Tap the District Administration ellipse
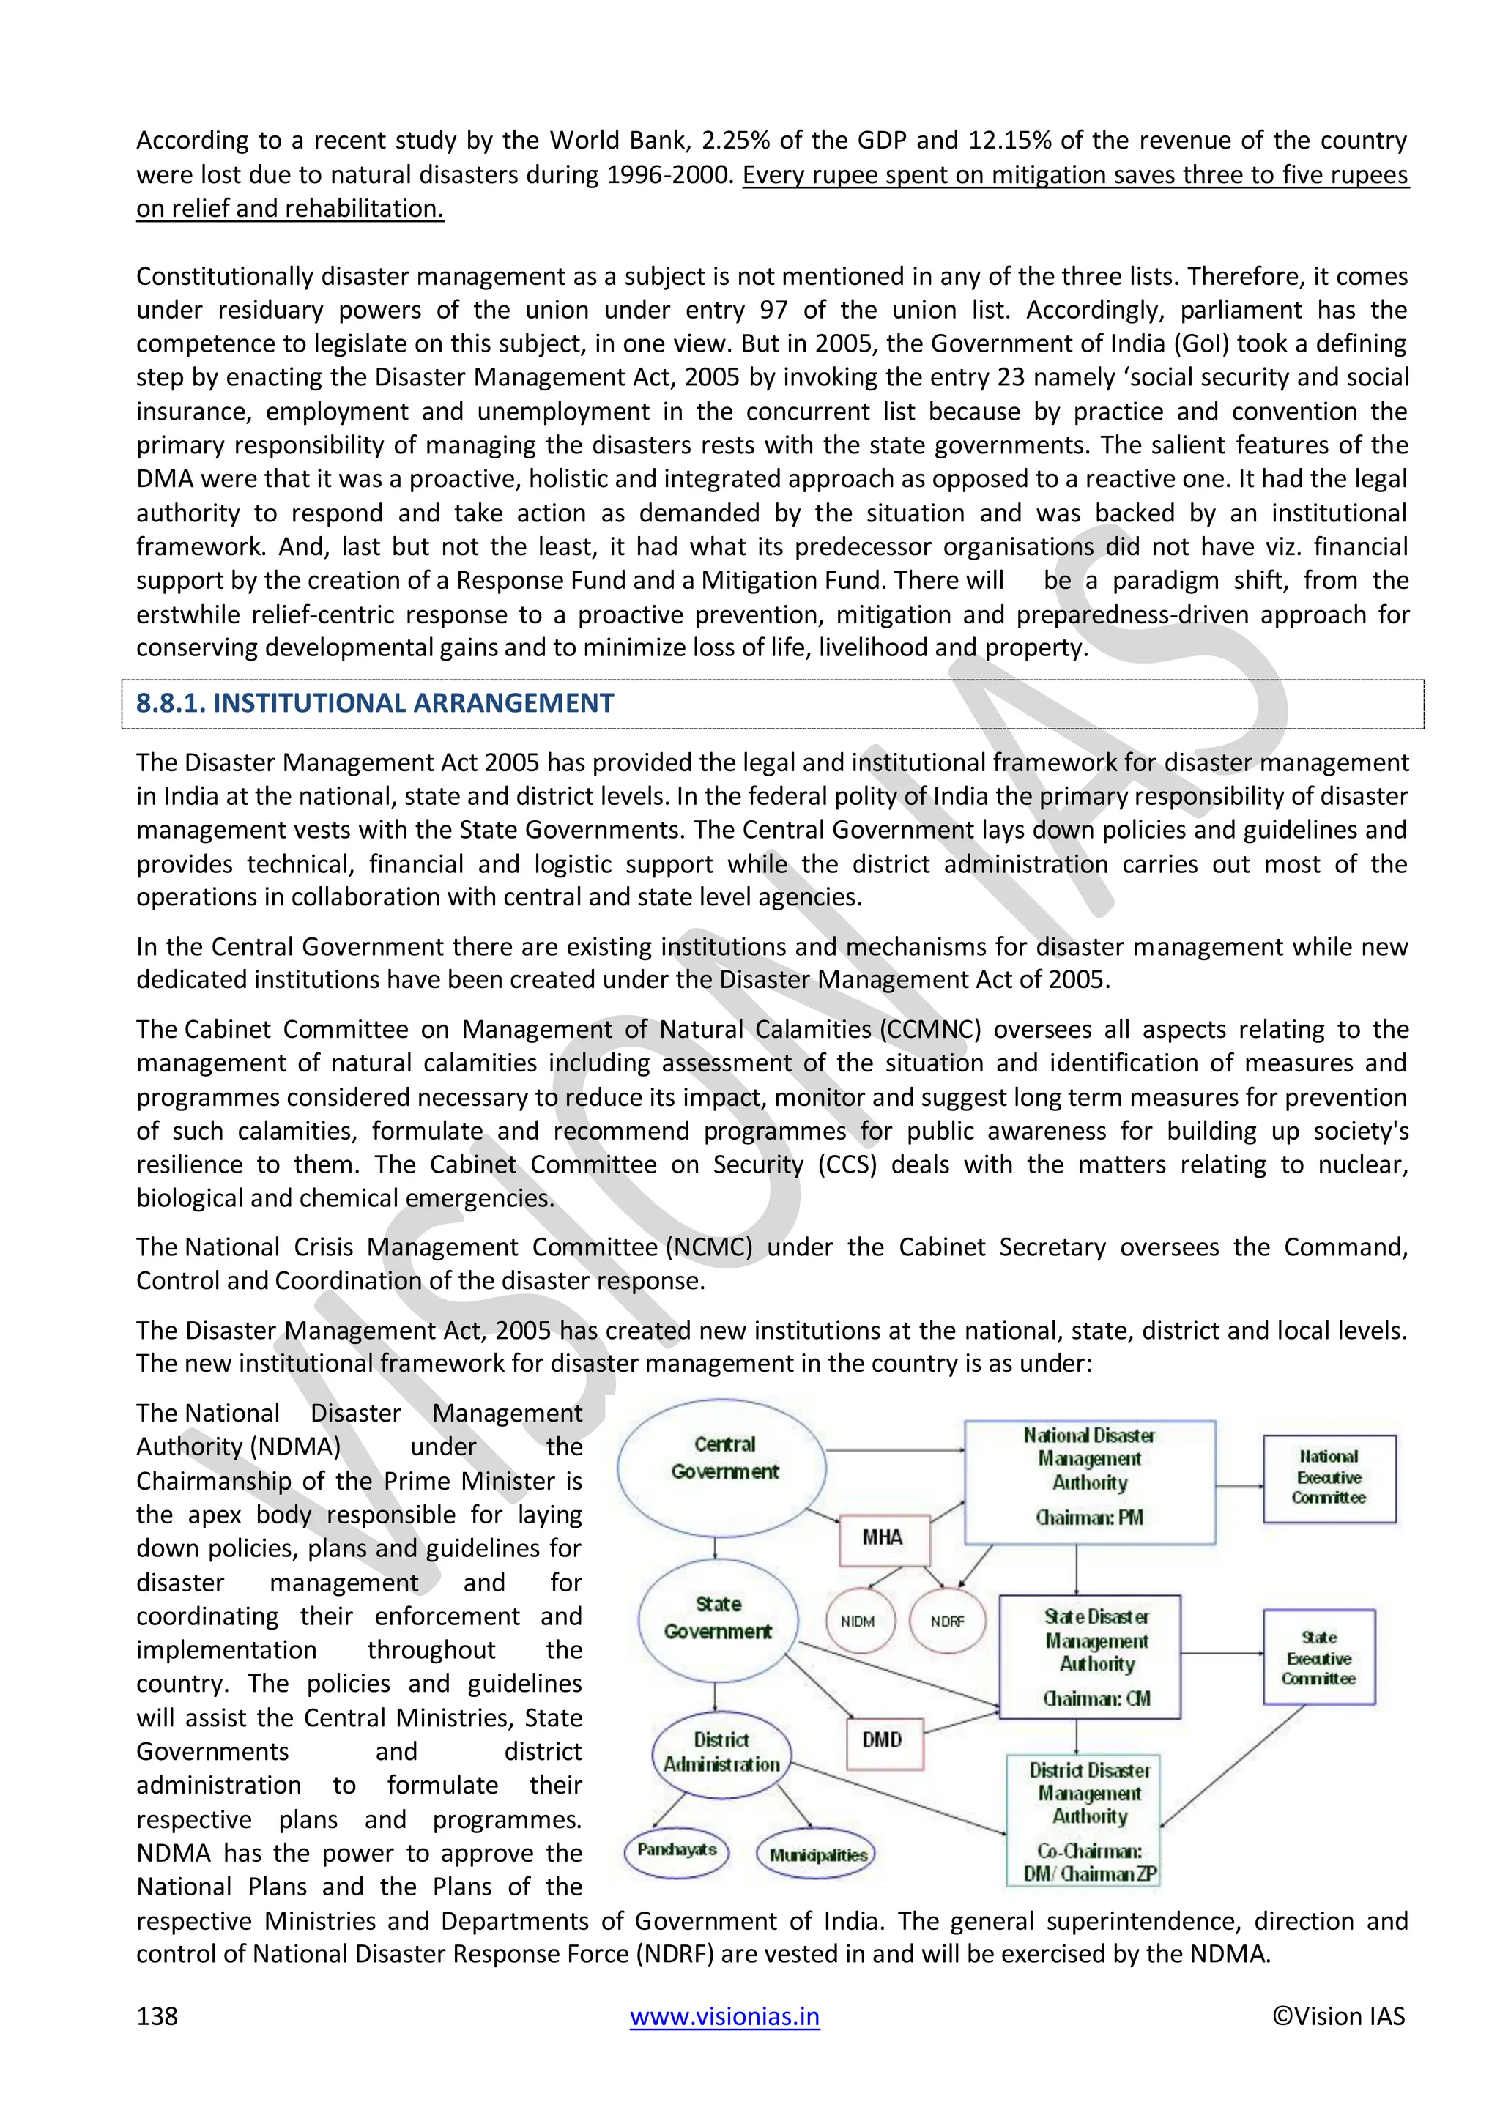pyautogui.click(x=721, y=1754)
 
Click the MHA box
pyautogui.click(x=883, y=1537)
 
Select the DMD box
pyautogui.click(x=883, y=1739)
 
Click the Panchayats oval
pyautogui.click(x=676, y=1849)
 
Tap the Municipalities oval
pyautogui.click(x=817, y=1854)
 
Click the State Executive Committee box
pyautogui.click(x=1318, y=1657)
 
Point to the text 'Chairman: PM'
pyautogui.click(x=1089, y=1518)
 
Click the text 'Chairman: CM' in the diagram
pyautogui.click(x=1096, y=1698)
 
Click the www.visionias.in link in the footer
pyautogui.click(x=724, y=2016)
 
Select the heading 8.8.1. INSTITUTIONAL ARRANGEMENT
pyautogui.click(x=375, y=703)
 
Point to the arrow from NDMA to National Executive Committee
pyautogui.click(x=1239, y=1486)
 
